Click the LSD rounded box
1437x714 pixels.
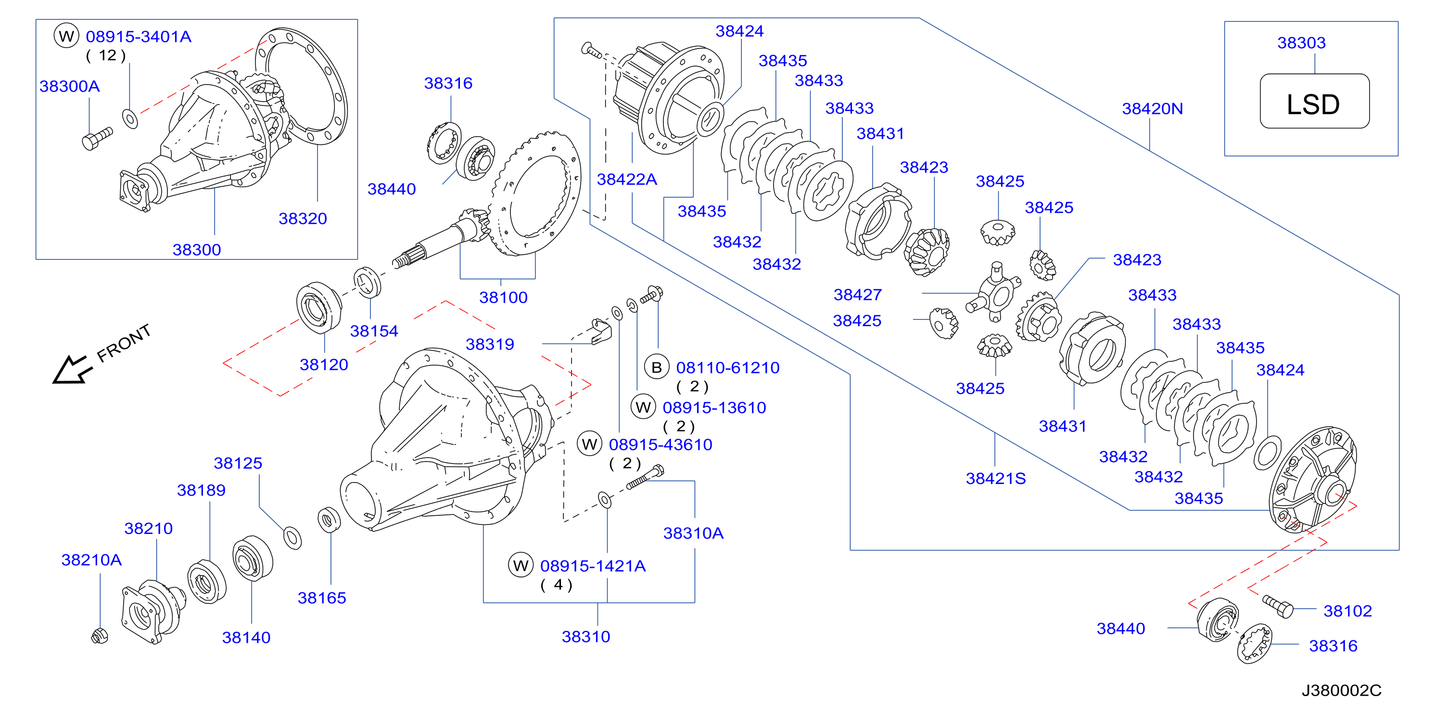click(1314, 101)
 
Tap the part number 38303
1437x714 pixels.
click(1301, 43)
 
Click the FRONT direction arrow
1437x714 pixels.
click(71, 370)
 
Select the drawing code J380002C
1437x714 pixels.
click(1342, 690)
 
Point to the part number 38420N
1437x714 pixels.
click(1153, 109)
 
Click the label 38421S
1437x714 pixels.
click(996, 479)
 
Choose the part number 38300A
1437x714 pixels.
click(70, 87)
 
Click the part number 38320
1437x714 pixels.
click(303, 218)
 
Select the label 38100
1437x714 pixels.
click(503, 297)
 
